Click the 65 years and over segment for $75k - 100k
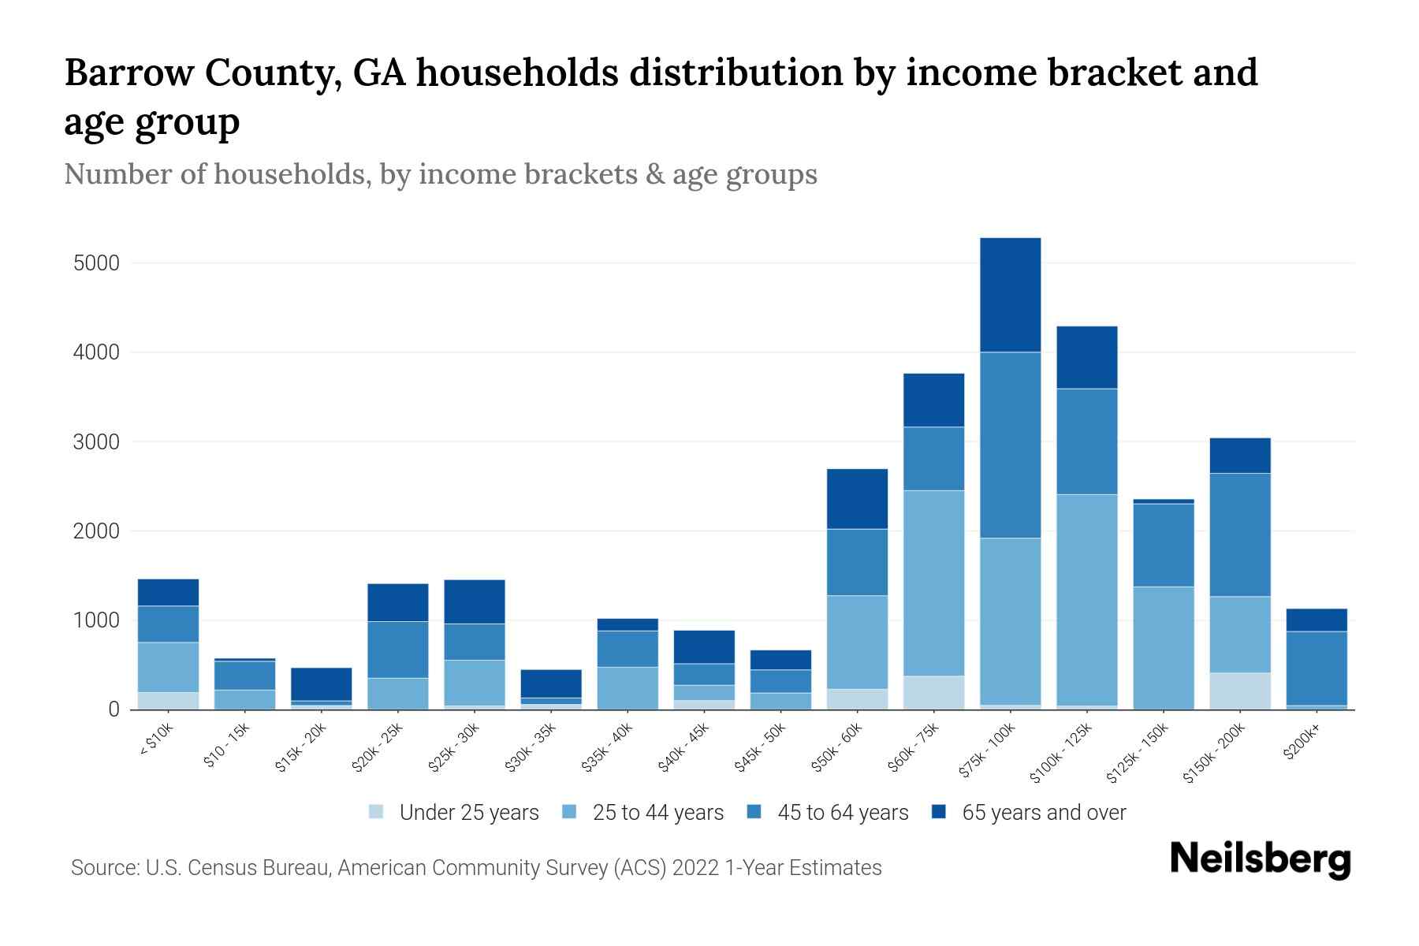click(x=1010, y=295)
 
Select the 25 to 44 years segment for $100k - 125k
click(x=1086, y=599)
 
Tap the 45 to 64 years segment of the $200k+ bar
click(x=1317, y=668)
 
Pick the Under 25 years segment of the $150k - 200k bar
click(x=1240, y=691)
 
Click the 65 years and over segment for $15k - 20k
click(x=322, y=684)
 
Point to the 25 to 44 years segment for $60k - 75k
click(x=933, y=583)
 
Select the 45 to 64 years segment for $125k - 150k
click(x=1163, y=545)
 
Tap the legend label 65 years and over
click(x=1044, y=813)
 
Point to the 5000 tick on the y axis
click(x=96, y=263)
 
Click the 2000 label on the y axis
click(x=96, y=531)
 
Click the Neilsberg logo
click(x=1260, y=859)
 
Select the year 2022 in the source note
click(x=696, y=868)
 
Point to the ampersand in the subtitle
click(x=654, y=174)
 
